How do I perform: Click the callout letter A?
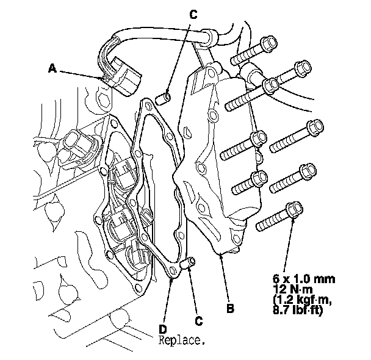(53, 69)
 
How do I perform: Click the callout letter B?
(229, 309)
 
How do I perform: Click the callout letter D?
(163, 319)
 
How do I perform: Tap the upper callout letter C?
(193, 17)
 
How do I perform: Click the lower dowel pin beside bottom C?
(190, 264)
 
